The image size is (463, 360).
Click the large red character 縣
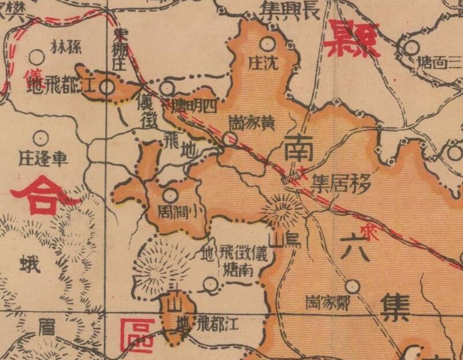click(352, 39)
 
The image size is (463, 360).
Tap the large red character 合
click(41, 195)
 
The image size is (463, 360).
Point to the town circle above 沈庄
click(267, 43)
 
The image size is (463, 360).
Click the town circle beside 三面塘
click(411, 48)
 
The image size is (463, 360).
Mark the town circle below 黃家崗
click(230, 138)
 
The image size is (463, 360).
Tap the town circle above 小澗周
click(169, 196)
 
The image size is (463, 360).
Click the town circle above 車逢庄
click(40, 138)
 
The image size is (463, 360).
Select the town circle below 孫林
click(36, 57)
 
